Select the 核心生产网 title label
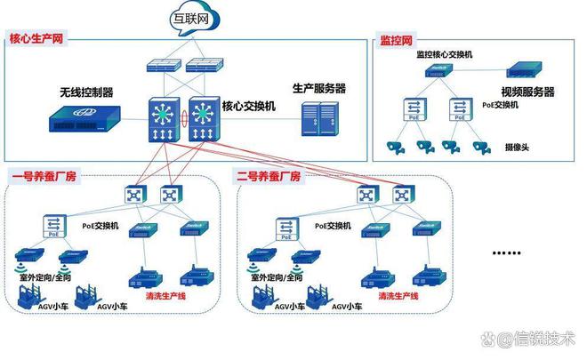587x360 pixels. [40, 39]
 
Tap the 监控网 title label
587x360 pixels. [395, 40]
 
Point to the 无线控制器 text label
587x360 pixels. [86, 92]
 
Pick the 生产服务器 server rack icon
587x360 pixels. [318, 120]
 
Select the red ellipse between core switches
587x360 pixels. [183, 118]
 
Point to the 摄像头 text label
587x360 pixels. [519, 146]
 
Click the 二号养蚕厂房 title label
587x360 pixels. [269, 176]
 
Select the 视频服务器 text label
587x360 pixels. [527, 92]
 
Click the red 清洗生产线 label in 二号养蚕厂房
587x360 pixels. [399, 295]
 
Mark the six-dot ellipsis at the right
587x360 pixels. [506, 252]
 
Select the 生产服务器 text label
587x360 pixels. [319, 88]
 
